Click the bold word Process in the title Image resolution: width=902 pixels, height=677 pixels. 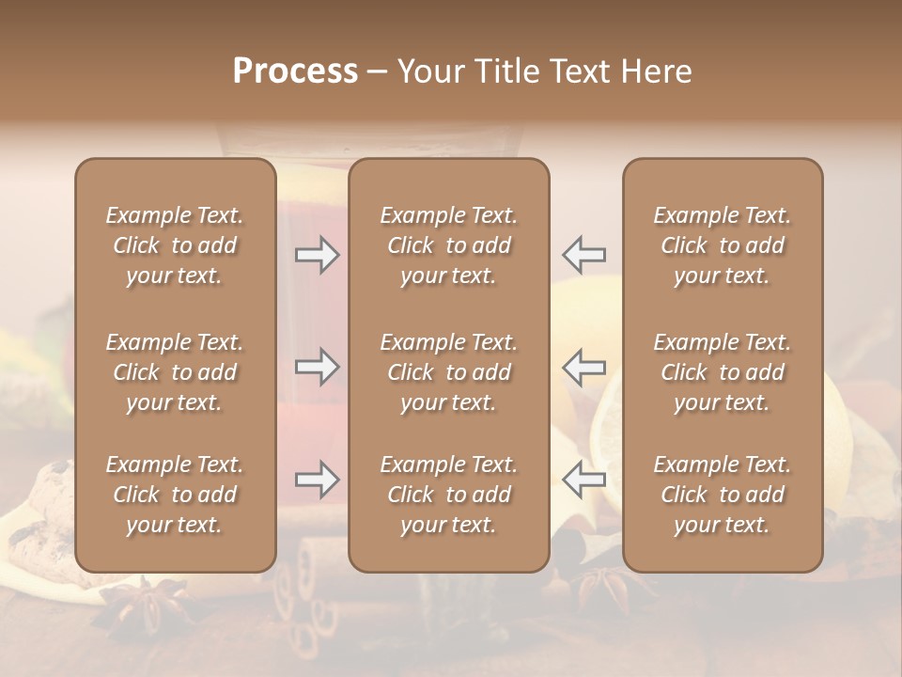click(295, 71)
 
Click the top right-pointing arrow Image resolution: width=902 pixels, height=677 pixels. click(317, 255)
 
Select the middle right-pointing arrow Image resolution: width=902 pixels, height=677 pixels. click(317, 367)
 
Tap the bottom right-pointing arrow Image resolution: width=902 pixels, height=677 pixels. click(317, 480)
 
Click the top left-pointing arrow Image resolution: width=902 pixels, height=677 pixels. click(583, 255)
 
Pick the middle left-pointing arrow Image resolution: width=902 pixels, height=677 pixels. click(583, 367)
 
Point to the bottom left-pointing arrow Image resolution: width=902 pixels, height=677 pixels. click(583, 480)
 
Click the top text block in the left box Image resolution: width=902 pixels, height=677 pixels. click(175, 245)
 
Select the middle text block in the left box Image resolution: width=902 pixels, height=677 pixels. click(175, 372)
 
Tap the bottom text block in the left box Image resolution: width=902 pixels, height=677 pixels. click(175, 495)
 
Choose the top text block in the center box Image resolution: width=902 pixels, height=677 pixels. click(448, 245)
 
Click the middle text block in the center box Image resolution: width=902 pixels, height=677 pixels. click(448, 372)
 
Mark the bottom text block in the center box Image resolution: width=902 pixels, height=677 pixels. click(448, 495)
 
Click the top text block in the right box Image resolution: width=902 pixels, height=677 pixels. click(722, 245)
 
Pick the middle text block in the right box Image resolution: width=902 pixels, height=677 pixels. click(722, 372)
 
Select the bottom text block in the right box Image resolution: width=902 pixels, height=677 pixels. click(722, 495)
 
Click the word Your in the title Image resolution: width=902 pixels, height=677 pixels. click(431, 71)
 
